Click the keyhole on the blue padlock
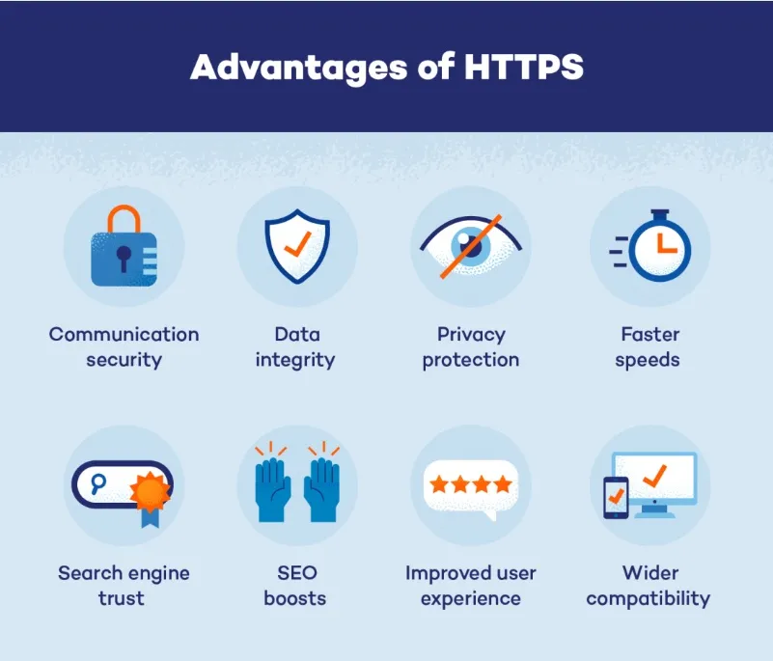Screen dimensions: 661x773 pos(124,257)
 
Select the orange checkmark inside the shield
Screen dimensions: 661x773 pos(297,243)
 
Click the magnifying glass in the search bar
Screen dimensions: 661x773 pos(98,484)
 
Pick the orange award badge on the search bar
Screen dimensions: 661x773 pos(149,493)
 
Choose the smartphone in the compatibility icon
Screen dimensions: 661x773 pos(615,496)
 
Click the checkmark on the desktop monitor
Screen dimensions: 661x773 pos(659,475)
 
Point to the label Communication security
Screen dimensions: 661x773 pos(124,347)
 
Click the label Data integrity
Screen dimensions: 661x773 pos(295,347)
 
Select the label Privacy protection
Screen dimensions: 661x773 pos(471,347)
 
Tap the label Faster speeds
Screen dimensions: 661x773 pos(649,347)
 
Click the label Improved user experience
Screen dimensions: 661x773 pos(470,586)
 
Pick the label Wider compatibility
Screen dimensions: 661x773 pos(649,586)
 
